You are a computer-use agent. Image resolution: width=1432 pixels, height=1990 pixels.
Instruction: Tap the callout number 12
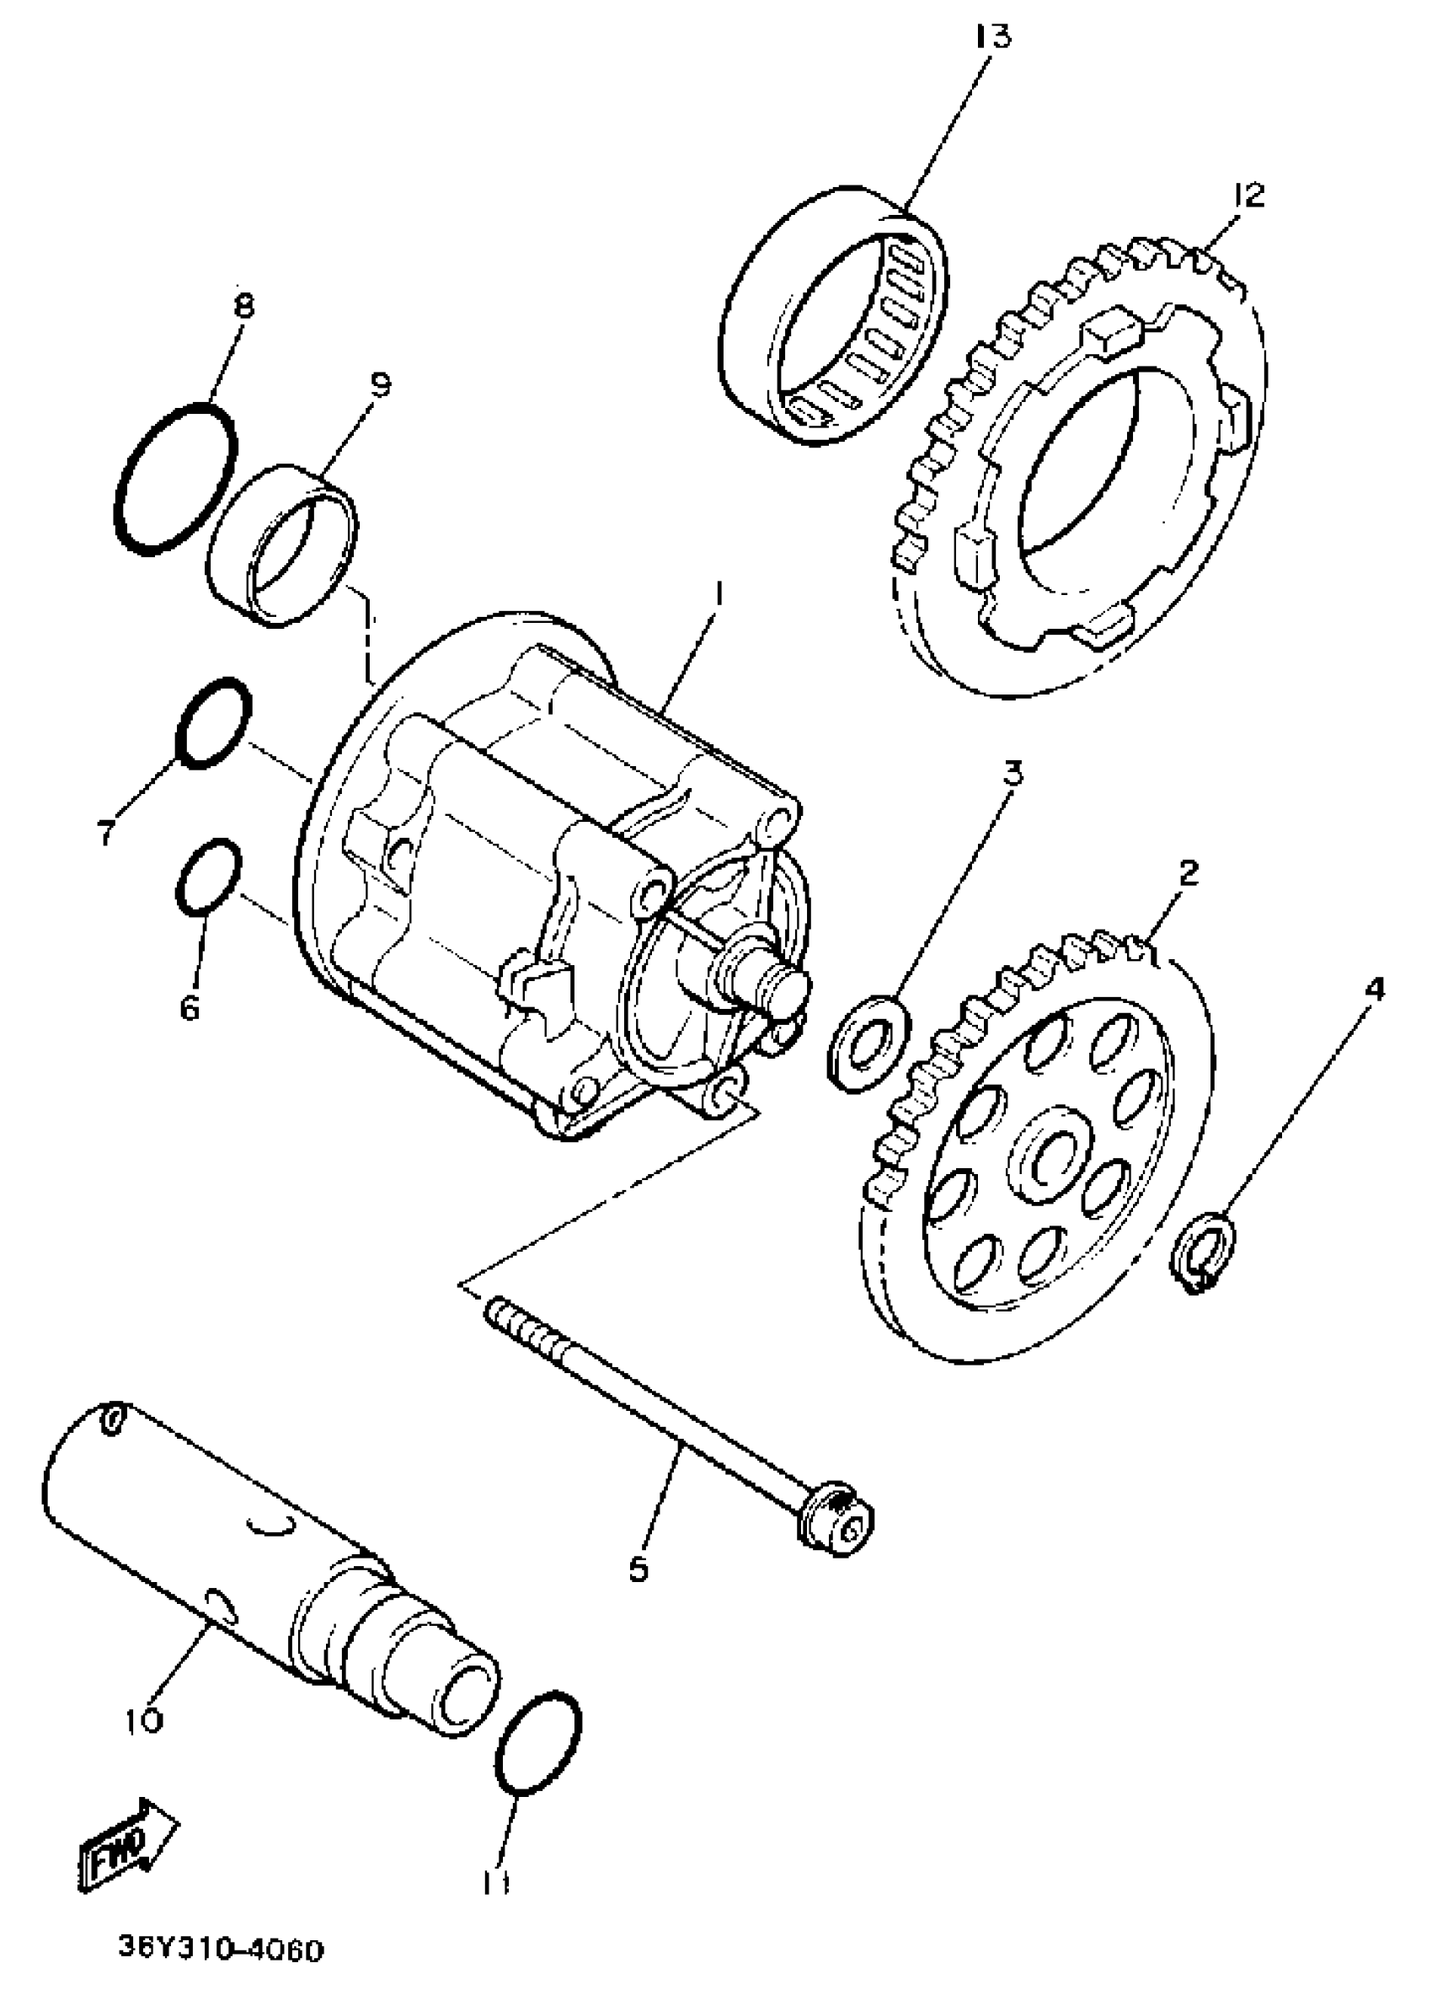point(1248,195)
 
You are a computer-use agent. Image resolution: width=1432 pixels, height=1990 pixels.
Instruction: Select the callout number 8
point(243,306)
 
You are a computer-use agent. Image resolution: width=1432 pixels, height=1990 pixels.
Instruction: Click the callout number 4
point(1372,990)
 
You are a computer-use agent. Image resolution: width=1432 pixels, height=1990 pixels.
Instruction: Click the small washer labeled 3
point(869,1043)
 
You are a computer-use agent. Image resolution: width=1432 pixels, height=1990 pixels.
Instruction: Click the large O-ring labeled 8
point(174,478)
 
